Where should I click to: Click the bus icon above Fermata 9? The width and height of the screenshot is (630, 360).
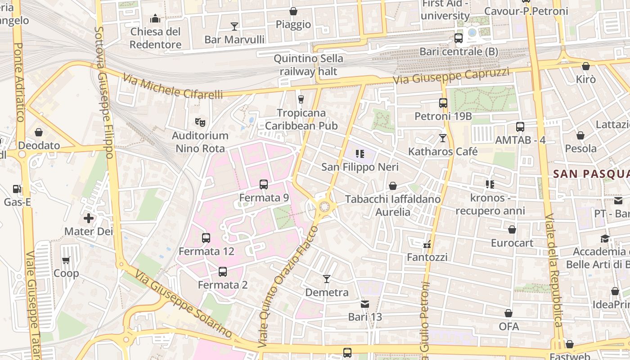point(264,184)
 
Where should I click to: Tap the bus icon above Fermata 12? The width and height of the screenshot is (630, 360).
point(206,238)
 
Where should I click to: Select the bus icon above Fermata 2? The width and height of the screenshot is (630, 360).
point(223,272)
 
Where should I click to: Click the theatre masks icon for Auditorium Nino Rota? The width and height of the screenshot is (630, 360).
point(200,122)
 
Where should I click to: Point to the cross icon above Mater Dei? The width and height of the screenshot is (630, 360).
point(89,219)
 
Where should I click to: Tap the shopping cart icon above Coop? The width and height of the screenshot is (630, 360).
point(66,260)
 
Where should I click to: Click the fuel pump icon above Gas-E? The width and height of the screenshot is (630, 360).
point(17,189)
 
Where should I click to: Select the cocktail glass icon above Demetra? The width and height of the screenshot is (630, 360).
point(327,279)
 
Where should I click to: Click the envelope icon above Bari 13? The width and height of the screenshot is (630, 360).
point(365,304)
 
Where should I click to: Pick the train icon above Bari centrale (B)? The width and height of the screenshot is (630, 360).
point(459,38)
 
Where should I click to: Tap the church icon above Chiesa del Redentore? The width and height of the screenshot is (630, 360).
point(155,18)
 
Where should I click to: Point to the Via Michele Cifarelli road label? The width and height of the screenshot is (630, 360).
point(173,88)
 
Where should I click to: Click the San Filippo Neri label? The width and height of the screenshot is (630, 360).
point(360,167)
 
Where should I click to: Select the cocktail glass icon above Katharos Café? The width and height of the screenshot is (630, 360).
point(443,138)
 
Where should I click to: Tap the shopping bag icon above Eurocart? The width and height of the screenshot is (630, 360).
point(512,230)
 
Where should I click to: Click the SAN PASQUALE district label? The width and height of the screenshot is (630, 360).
point(591,174)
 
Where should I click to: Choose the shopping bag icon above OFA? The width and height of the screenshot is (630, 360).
point(508,313)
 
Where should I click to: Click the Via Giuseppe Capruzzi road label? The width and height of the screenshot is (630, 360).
point(451,76)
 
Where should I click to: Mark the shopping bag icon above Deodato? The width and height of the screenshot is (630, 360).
point(39,132)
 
